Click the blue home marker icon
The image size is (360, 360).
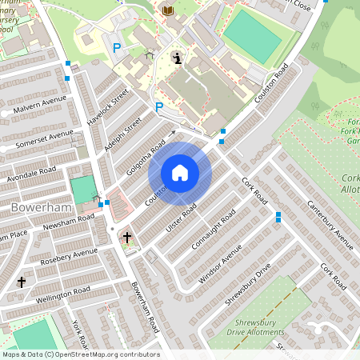tap(180, 173)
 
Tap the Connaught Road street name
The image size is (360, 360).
tap(214, 230)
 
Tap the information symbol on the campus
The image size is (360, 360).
tap(177, 57)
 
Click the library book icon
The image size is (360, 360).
tap(168, 10)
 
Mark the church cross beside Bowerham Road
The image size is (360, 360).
tap(126, 238)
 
